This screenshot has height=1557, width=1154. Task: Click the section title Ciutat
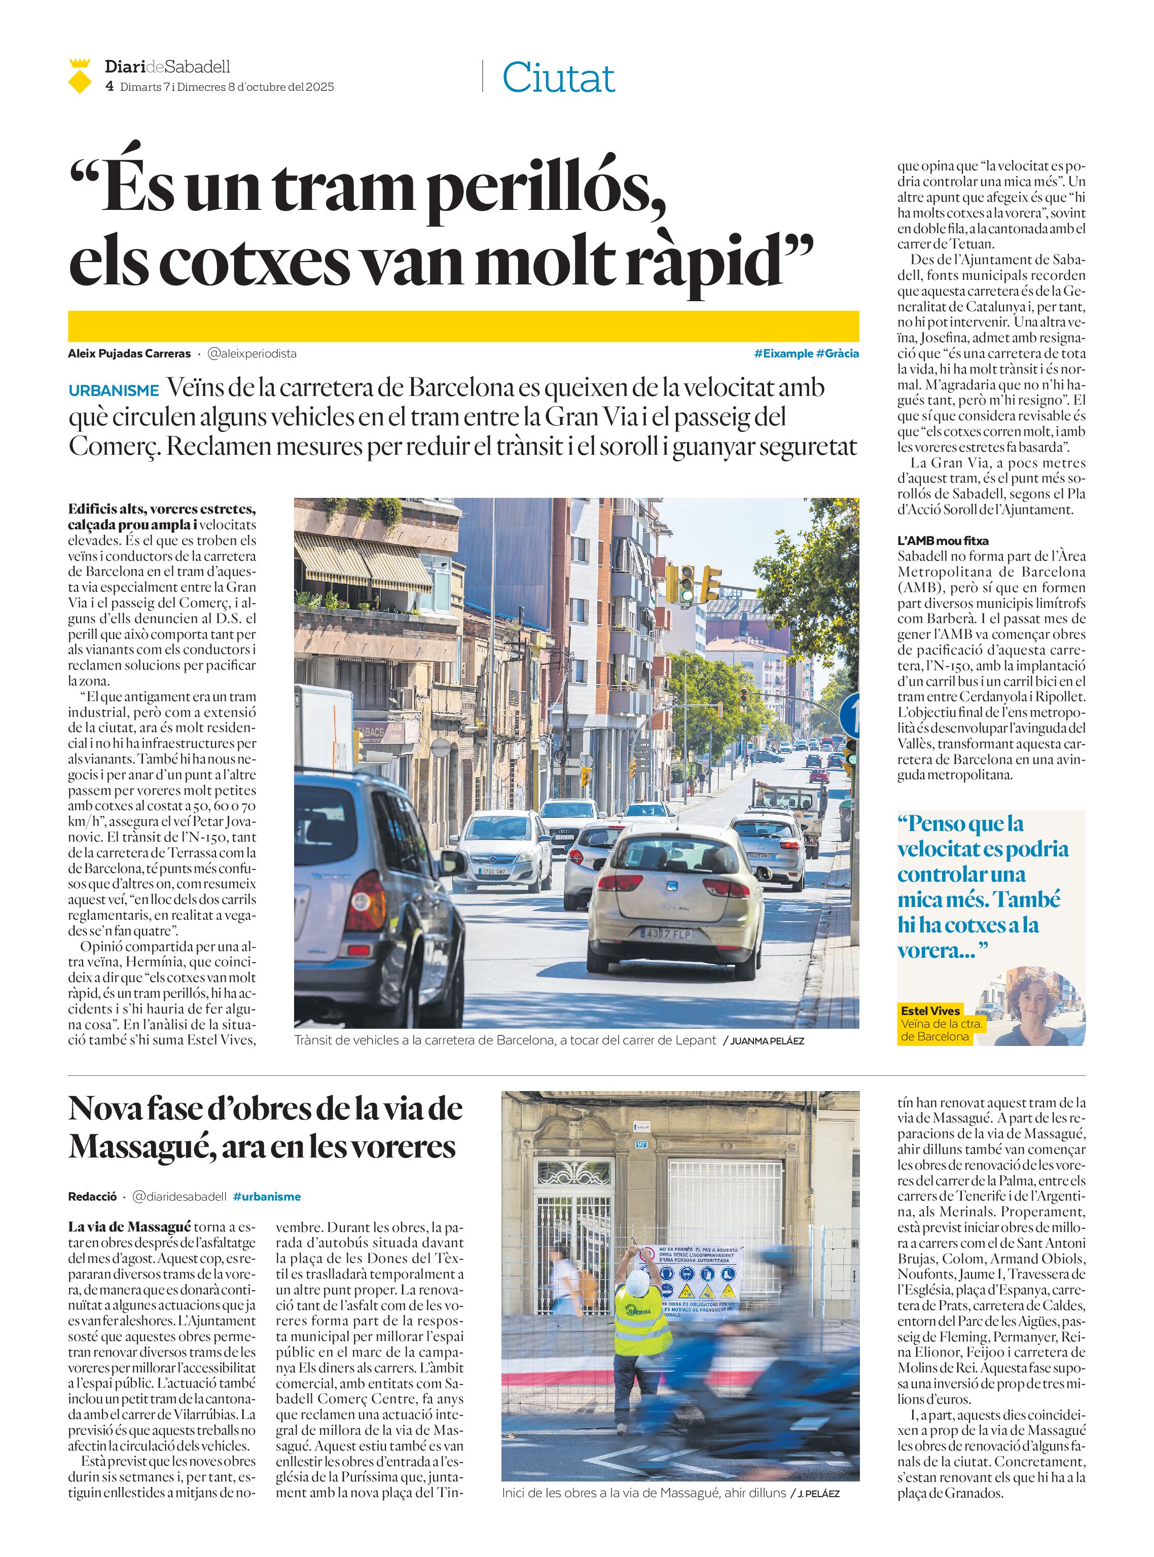(x=558, y=78)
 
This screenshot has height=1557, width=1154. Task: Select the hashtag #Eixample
(x=783, y=353)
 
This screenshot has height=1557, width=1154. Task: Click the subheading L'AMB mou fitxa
(x=943, y=540)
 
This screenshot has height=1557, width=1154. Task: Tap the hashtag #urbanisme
(x=267, y=1197)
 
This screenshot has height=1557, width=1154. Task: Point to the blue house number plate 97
(x=642, y=1144)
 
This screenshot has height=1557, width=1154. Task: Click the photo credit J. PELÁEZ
(x=818, y=1494)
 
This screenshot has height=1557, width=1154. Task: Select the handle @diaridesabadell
(x=179, y=1197)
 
